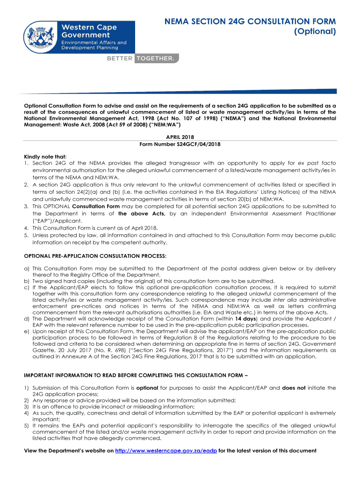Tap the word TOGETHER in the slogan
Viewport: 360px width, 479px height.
[156, 58]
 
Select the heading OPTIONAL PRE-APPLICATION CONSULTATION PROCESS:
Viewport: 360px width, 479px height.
[95, 256]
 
